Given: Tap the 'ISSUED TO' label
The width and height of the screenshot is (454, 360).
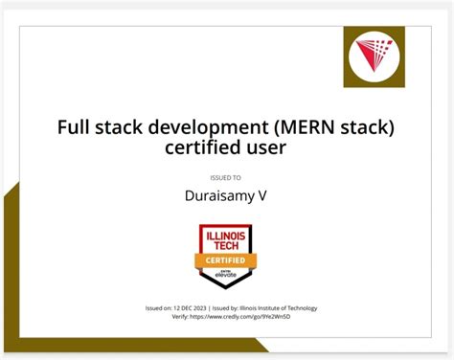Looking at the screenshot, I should [226, 177].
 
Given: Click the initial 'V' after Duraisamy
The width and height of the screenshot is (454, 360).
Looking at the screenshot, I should [263, 196].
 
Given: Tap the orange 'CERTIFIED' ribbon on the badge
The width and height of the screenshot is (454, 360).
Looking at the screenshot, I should [226, 259].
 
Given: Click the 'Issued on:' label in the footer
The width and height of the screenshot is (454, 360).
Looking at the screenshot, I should [160, 308].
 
